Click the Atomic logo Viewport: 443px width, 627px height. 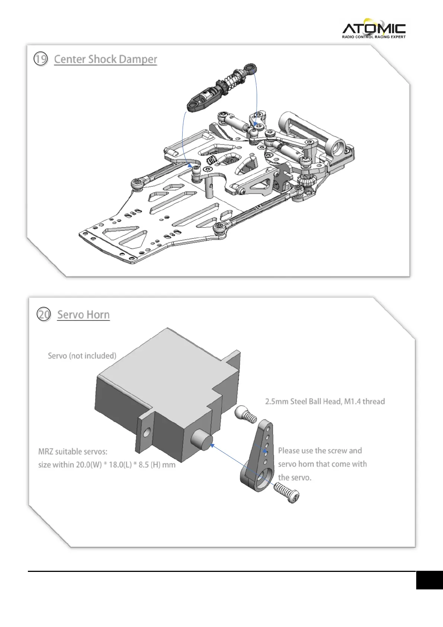[x=373, y=28]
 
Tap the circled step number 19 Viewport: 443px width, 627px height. [x=41, y=59]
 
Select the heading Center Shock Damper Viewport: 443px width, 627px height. [x=105, y=60]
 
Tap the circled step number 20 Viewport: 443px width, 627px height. [x=44, y=315]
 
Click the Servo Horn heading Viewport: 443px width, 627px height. [x=83, y=315]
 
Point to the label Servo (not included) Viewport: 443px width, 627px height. [x=82, y=356]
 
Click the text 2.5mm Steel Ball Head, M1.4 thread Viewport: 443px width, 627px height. [x=325, y=401]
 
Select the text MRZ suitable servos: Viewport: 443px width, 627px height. [x=73, y=452]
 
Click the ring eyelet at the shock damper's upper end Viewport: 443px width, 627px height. [x=251, y=68]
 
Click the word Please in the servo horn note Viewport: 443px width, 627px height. [x=289, y=451]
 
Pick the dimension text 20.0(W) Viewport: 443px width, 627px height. [x=89, y=465]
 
